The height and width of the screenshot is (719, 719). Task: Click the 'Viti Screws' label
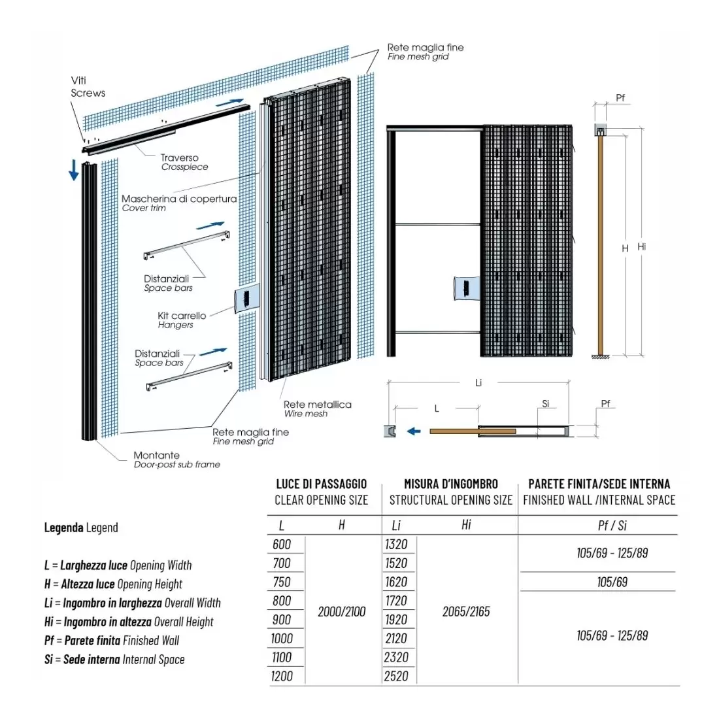point(88,86)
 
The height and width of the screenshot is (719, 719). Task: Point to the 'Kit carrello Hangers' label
point(181,320)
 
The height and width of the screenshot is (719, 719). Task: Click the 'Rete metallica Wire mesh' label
point(317,409)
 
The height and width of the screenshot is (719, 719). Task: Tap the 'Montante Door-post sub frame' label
point(176,460)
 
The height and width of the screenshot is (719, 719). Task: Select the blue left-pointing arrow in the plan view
point(413,431)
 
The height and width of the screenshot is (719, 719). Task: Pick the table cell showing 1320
point(396,544)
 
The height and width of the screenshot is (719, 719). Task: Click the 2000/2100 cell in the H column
point(341,612)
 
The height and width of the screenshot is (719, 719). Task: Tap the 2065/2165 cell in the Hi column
point(466,612)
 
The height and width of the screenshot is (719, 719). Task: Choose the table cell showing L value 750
point(282,582)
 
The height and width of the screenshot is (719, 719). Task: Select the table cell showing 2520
point(396,677)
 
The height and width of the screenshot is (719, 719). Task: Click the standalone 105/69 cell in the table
point(612,582)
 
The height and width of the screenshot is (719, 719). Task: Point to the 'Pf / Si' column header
point(612,526)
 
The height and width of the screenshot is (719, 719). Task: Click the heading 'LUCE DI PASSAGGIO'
point(321,484)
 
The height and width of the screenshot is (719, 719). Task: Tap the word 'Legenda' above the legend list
point(63,527)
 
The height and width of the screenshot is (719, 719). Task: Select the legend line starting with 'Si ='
point(114,660)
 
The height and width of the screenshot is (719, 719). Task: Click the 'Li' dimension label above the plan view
point(478,382)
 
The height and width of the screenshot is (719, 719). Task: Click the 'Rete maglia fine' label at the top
point(425,48)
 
